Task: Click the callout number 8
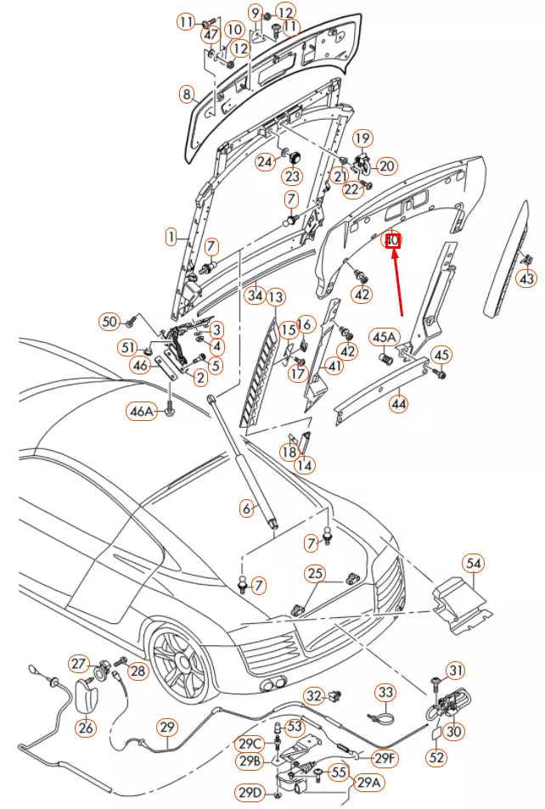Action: (187, 94)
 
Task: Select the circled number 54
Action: (473, 563)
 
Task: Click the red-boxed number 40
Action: (392, 241)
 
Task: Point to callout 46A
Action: (142, 412)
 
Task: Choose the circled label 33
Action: (385, 693)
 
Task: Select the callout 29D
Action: (250, 792)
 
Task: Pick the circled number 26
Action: (86, 728)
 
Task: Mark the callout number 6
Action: (247, 508)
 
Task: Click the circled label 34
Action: (253, 295)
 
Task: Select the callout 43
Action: (527, 278)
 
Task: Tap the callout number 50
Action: (110, 322)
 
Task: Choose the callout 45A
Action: (383, 337)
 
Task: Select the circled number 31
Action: (456, 671)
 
